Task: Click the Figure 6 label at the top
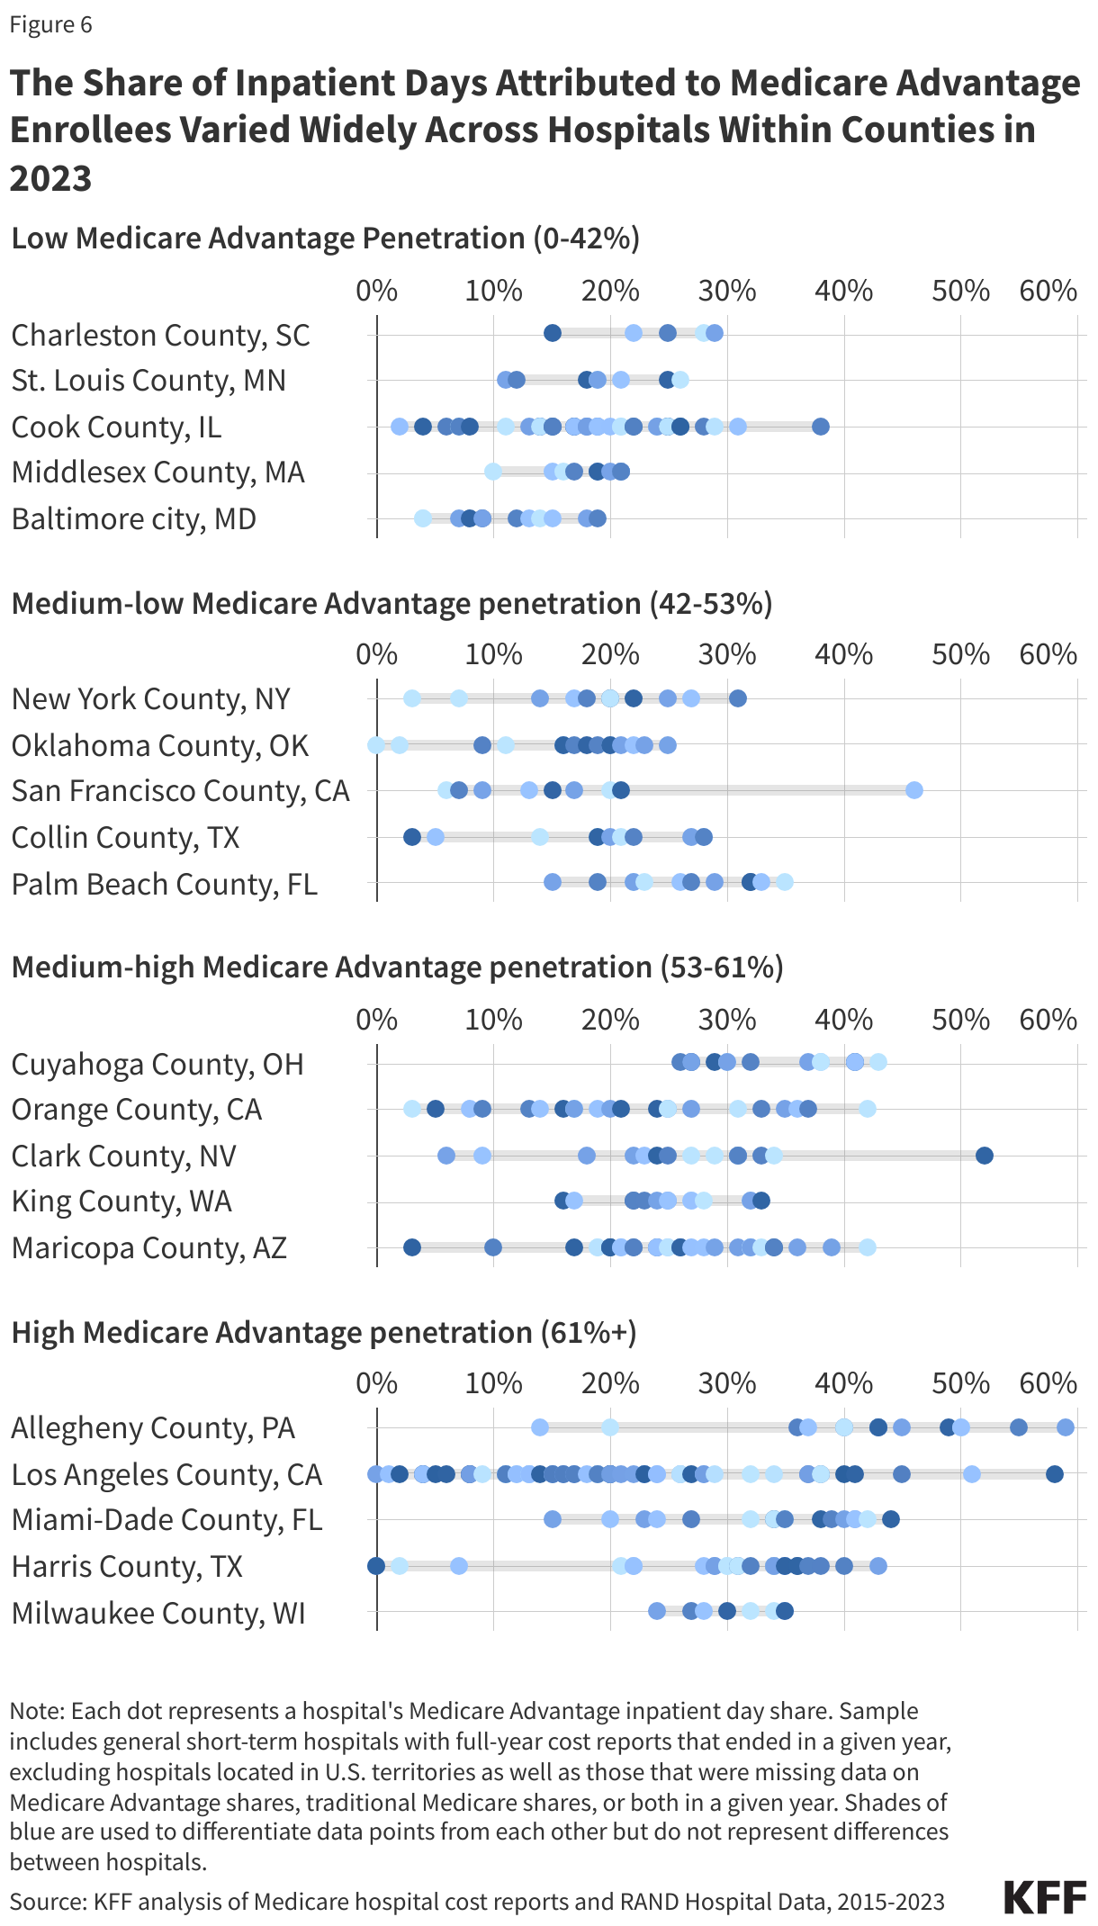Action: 50,25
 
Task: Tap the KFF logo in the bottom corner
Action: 1045,1898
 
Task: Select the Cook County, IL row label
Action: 116,427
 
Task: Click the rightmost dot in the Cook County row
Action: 820,427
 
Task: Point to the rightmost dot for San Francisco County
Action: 913,790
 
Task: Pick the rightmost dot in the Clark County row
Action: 984,1156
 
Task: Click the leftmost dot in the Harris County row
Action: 376,1566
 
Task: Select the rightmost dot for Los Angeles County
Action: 1054,1474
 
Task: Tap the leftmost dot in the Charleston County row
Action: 553,334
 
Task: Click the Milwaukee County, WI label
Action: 158,1613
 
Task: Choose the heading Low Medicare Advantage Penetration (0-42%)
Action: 325,238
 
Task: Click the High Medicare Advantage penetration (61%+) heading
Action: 324,1332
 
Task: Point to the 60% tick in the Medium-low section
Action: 1048,654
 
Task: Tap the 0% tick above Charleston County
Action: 376,291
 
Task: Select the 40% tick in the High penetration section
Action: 843,1383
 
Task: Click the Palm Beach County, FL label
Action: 165,884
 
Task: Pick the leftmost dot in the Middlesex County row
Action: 492,472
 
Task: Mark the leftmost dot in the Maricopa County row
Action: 412,1247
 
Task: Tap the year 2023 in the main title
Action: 50,178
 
